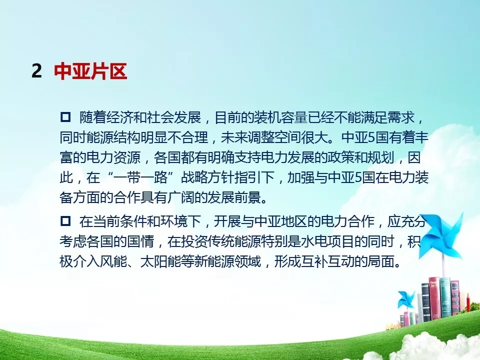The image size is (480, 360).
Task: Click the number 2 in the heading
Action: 36,71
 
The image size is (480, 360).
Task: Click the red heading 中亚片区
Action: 90,71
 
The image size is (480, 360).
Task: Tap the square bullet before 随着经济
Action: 65,117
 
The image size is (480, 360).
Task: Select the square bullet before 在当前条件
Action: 65,220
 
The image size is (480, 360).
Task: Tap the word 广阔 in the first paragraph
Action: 180,197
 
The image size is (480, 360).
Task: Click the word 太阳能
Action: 160,261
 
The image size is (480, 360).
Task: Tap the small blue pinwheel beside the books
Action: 406,299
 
